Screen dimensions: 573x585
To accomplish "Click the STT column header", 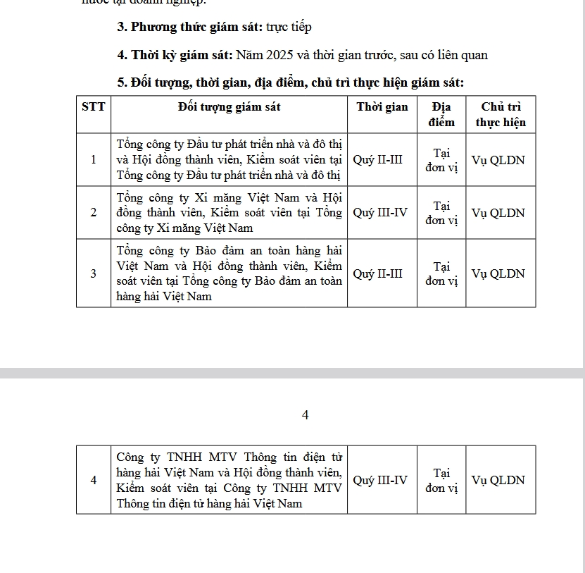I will pos(94,107).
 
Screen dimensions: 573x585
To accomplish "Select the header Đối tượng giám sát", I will pos(229,107).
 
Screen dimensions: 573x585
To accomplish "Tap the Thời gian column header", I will pos(382,107).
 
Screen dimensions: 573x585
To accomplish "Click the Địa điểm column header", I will pos(441,114).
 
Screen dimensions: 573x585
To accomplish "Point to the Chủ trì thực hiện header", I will pos(501,114).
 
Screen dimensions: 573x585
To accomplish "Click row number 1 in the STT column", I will pos(94,160).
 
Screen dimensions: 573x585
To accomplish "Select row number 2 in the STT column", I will pos(94,213).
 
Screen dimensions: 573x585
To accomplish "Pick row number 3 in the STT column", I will pos(94,273).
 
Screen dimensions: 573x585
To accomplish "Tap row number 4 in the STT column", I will pos(94,480).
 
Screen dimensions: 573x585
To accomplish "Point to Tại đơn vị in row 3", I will pos(441,273).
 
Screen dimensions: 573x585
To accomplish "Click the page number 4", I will pos(305,415).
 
